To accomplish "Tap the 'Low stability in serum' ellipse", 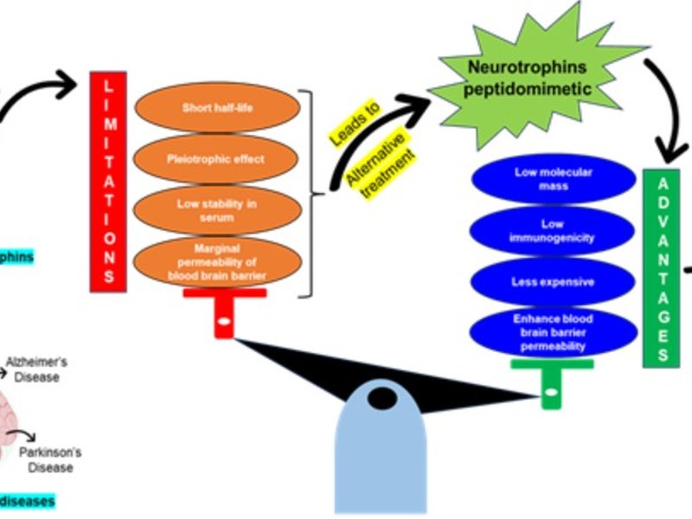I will (217, 209).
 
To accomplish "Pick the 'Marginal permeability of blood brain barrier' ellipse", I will (217, 262).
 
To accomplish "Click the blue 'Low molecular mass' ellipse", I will (553, 178).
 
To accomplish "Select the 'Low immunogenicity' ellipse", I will (553, 231).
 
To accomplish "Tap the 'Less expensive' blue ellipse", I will (553, 282).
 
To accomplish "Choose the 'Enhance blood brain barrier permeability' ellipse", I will (553, 332).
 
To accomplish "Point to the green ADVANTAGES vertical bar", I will (662, 267).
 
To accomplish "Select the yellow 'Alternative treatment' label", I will (378, 164).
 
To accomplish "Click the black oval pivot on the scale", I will (381, 399).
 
